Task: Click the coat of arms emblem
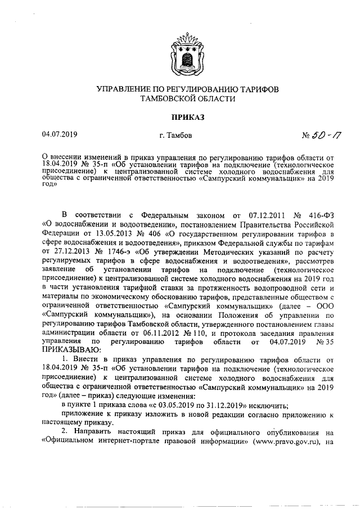(x=180, y=55)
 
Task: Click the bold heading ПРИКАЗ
(x=179, y=116)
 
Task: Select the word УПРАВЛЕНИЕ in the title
(x=125, y=89)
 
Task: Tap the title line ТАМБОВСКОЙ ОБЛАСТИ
(x=179, y=98)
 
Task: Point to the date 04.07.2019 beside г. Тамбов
(x=60, y=135)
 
